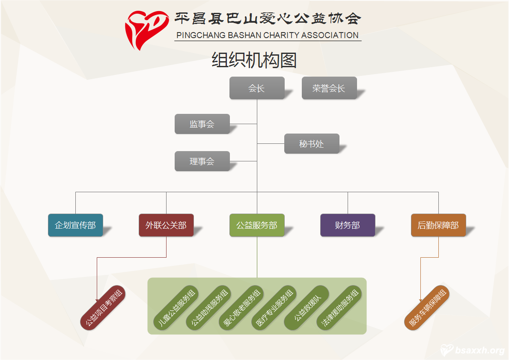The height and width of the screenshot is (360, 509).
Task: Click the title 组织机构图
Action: [254, 60]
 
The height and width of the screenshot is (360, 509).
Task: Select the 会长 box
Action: [257, 88]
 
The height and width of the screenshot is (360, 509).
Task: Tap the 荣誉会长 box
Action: [329, 88]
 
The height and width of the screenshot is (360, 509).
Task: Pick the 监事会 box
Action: [202, 124]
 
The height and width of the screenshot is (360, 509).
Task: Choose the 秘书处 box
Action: [312, 144]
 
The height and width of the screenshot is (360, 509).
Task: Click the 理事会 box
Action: [202, 161]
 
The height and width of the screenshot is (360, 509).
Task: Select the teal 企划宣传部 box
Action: [75, 225]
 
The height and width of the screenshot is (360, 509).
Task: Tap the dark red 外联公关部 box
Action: [166, 225]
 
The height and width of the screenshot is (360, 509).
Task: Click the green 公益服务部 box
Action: [257, 225]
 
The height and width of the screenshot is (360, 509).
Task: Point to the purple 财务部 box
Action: [348, 225]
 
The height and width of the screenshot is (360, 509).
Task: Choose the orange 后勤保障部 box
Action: [438, 225]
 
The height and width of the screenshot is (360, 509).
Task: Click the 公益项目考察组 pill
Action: [103, 308]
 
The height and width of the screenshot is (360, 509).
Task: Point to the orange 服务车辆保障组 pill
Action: [427, 308]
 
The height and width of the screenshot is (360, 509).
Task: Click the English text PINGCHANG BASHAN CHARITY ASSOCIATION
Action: [268, 36]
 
